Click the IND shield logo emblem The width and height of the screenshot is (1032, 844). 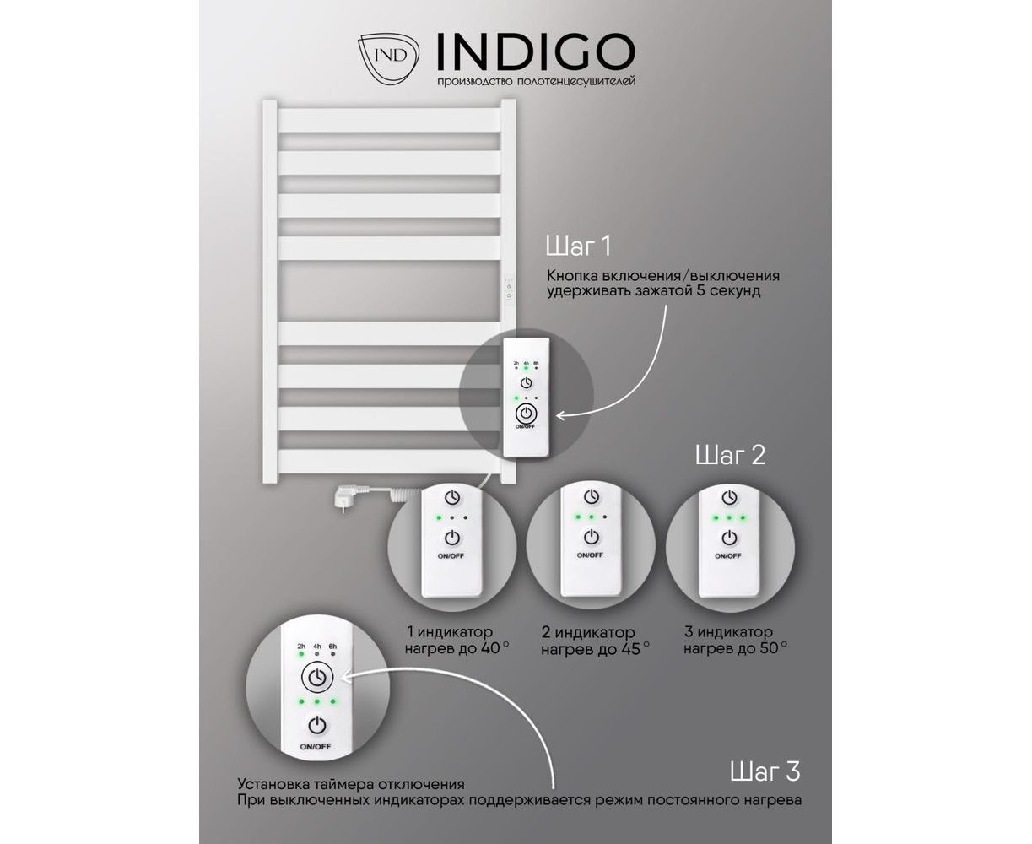click(388, 58)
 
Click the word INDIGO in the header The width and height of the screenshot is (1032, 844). click(536, 51)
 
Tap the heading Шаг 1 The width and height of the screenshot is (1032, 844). click(578, 246)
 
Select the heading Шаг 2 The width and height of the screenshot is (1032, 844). click(730, 455)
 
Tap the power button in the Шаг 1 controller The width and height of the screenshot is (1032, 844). click(526, 414)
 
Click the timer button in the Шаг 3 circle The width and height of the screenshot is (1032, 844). click(317, 678)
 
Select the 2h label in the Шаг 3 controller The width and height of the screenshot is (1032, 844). click(301, 647)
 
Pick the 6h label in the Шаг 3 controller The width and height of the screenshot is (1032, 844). click(332, 647)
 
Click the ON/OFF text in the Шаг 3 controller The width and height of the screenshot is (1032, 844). click(316, 747)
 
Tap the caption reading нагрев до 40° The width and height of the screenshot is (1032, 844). click(457, 648)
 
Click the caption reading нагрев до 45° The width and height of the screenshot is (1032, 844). click(595, 649)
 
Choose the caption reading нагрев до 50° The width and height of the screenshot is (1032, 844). click(736, 648)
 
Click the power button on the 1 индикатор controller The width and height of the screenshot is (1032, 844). click(452, 538)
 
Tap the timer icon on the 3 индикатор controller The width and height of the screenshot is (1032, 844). click(730, 497)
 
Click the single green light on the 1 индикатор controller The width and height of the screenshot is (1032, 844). click(439, 517)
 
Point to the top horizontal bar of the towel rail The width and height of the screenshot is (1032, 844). click(390, 120)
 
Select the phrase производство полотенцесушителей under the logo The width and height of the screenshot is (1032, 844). click(537, 81)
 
